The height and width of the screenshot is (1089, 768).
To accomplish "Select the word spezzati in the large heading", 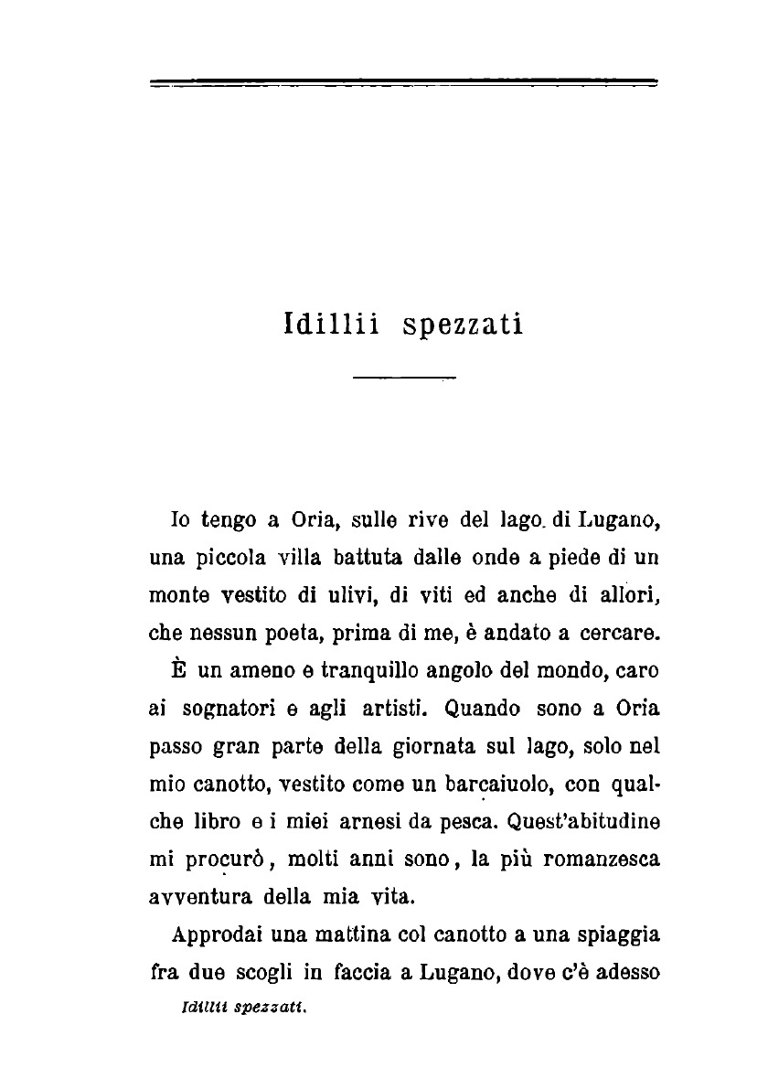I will click(462, 326).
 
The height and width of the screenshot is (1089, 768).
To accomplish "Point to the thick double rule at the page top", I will click(404, 84).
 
